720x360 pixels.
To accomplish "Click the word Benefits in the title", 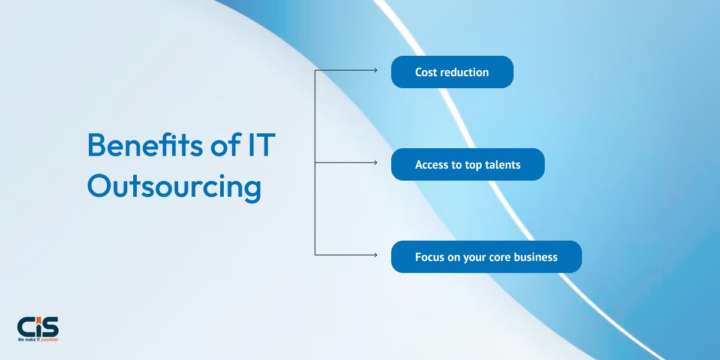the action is tap(145, 145).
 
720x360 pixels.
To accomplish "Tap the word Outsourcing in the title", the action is tap(174, 187).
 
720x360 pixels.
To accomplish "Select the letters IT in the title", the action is tap(262, 145).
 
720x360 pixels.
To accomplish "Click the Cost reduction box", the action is tap(452, 72).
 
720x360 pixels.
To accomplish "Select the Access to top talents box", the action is tap(467, 164).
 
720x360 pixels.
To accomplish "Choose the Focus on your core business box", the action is tap(487, 257).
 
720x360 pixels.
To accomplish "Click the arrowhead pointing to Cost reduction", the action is tap(376, 70).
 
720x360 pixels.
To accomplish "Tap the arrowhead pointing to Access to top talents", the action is tap(376, 163).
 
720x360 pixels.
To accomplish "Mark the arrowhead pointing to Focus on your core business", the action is tap(376, 255).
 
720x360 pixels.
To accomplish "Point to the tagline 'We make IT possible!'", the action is tap(38, 340).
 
